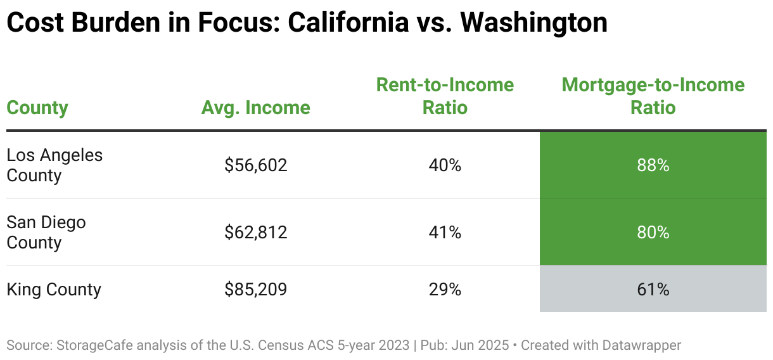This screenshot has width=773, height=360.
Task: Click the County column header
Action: coord(37,108)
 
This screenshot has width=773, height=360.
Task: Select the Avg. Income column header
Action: coord(256,108)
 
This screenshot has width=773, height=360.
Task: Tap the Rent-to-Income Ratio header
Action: coord(445,96)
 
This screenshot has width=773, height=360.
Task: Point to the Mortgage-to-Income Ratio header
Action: coord(653,96)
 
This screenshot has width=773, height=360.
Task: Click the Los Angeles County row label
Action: coord(54,165)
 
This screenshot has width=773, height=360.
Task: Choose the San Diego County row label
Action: coord(46,233)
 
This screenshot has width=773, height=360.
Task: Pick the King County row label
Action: coord(54,289)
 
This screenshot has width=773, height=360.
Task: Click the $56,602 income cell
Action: coord(256,165)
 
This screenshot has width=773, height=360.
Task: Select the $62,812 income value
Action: coord(256,233)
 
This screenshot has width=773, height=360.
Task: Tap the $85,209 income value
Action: coord(256,289)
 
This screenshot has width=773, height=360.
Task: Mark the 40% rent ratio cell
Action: coord(445,165)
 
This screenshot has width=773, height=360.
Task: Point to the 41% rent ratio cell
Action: coord(445,233)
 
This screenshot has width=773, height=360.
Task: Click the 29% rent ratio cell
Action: coord(445,289)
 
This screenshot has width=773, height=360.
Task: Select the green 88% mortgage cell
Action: coord(653,165)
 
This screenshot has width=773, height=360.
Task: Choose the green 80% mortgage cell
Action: coord(653,233)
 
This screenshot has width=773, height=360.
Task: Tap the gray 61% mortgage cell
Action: coord(653,289)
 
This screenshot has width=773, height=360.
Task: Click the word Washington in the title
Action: coord(534,23)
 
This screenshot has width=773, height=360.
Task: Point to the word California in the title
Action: coord(348,22)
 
